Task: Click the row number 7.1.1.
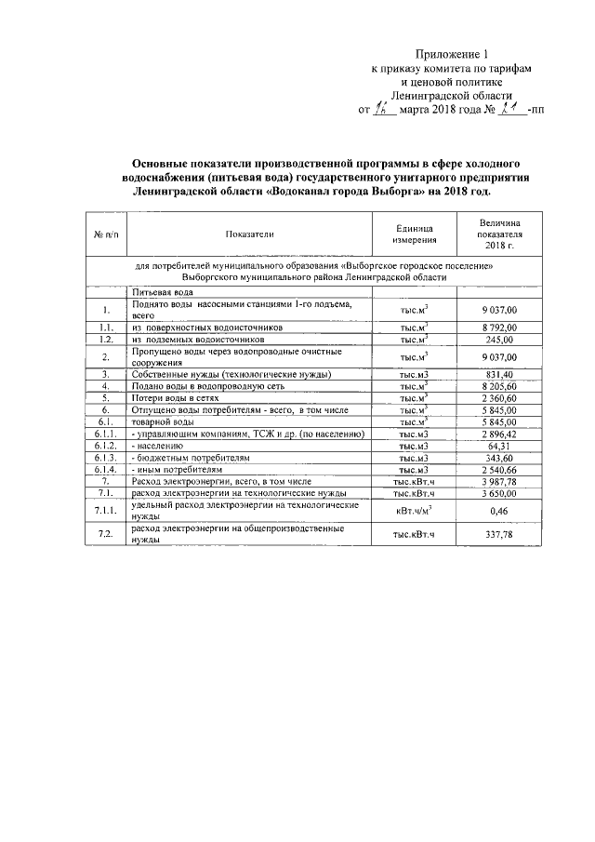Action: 107,510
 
